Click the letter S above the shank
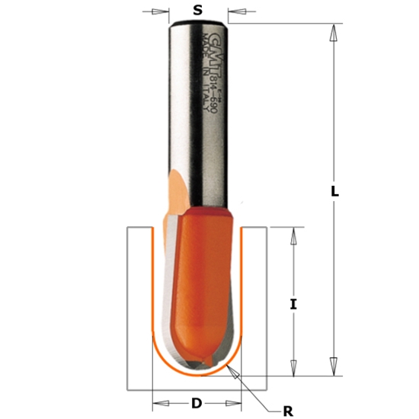(x=198, y=11)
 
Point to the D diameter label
(x=197, y=403)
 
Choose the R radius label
(x=287, y=411)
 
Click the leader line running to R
(x=255, y=392)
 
